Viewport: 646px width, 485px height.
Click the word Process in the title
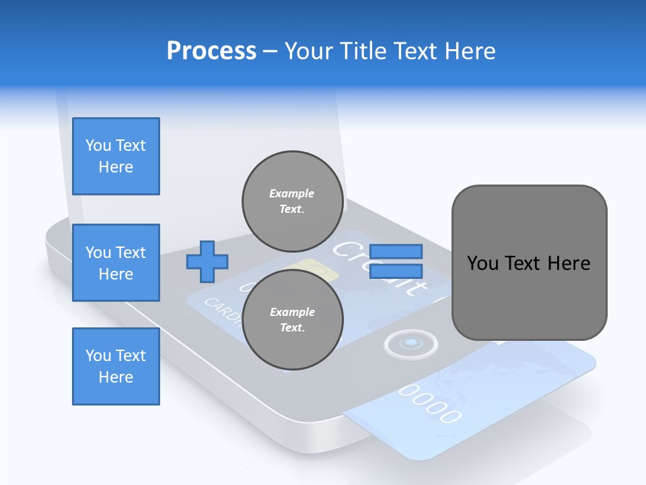click(x=211, y=51)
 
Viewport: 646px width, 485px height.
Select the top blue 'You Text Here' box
click(x=116, y=156)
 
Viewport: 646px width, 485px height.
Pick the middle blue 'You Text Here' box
click(x=116, y=263)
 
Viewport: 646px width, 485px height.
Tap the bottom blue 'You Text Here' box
click(x=116, y=366)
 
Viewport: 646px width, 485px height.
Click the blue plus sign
click(x=207, y=261)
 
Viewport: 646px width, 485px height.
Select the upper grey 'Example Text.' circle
click(x=293, y=201)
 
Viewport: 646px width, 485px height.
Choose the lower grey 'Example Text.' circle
click(x=293, y=319)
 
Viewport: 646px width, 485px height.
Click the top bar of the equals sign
click(x=396, y=251)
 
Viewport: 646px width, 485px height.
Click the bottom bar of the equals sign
click(x=396, y=271)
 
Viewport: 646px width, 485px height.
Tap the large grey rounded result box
click(x=529, y=263)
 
